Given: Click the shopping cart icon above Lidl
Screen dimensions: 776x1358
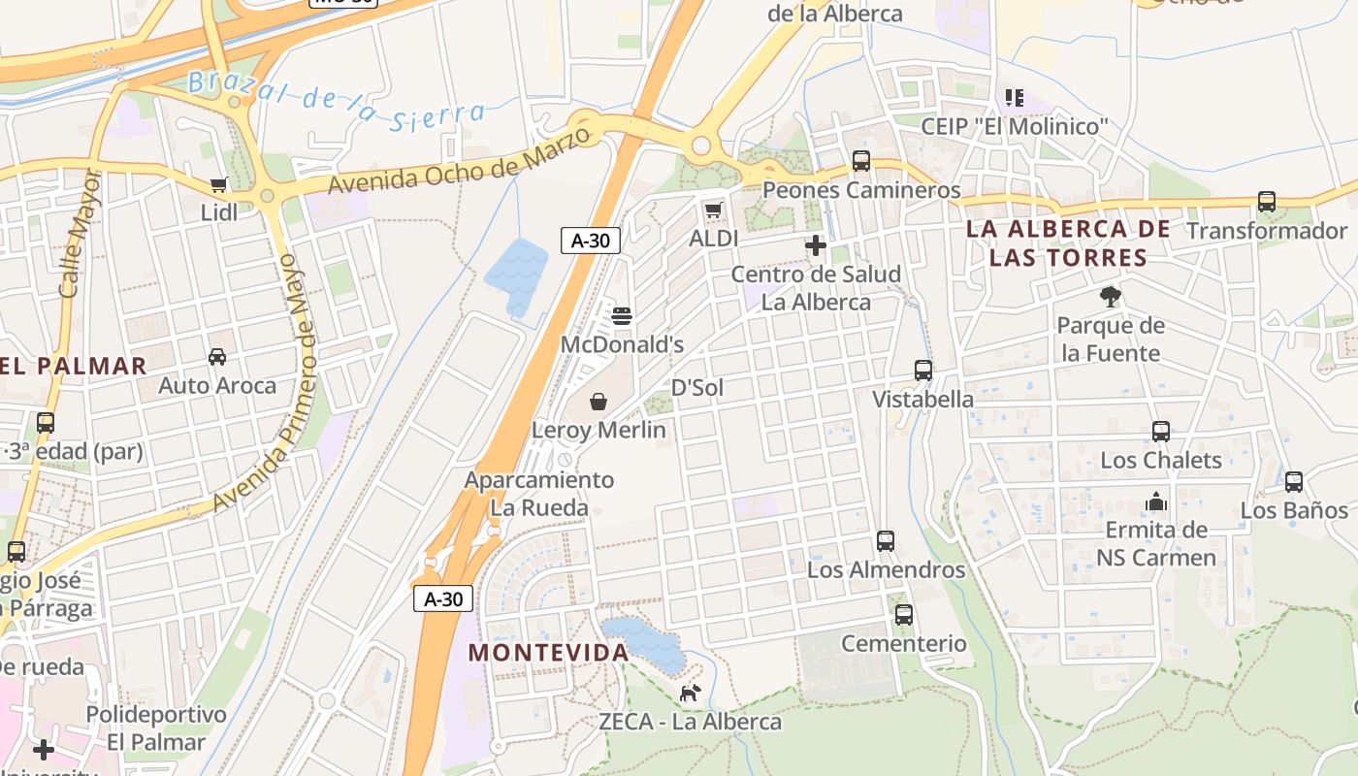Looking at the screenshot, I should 218,184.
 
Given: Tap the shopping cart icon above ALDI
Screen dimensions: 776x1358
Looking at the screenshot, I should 714,210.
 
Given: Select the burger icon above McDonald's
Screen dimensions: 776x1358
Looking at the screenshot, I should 622,316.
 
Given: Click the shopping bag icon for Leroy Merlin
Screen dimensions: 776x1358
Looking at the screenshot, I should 599,402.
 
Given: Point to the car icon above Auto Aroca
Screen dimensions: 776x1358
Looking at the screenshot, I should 217,357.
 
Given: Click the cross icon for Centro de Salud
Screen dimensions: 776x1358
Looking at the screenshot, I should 816,246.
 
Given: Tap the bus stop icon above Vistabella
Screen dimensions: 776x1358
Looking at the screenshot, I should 923,371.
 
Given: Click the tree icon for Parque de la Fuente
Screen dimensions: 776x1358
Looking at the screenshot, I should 1111,297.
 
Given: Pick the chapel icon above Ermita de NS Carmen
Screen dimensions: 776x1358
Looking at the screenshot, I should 1156,502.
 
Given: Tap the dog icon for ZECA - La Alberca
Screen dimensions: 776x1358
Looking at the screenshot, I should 690,693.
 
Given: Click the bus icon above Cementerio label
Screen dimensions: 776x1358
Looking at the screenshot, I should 904,615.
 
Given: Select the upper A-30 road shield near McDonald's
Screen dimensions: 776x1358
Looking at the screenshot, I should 590,241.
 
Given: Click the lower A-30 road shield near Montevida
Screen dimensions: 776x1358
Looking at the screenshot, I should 443,598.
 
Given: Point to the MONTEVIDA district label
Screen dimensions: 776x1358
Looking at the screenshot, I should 549,653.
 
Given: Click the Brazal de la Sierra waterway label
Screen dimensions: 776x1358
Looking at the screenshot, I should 336,101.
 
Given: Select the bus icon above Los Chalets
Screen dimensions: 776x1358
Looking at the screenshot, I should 1161,432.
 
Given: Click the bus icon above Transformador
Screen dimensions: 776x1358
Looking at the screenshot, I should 1267,202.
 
